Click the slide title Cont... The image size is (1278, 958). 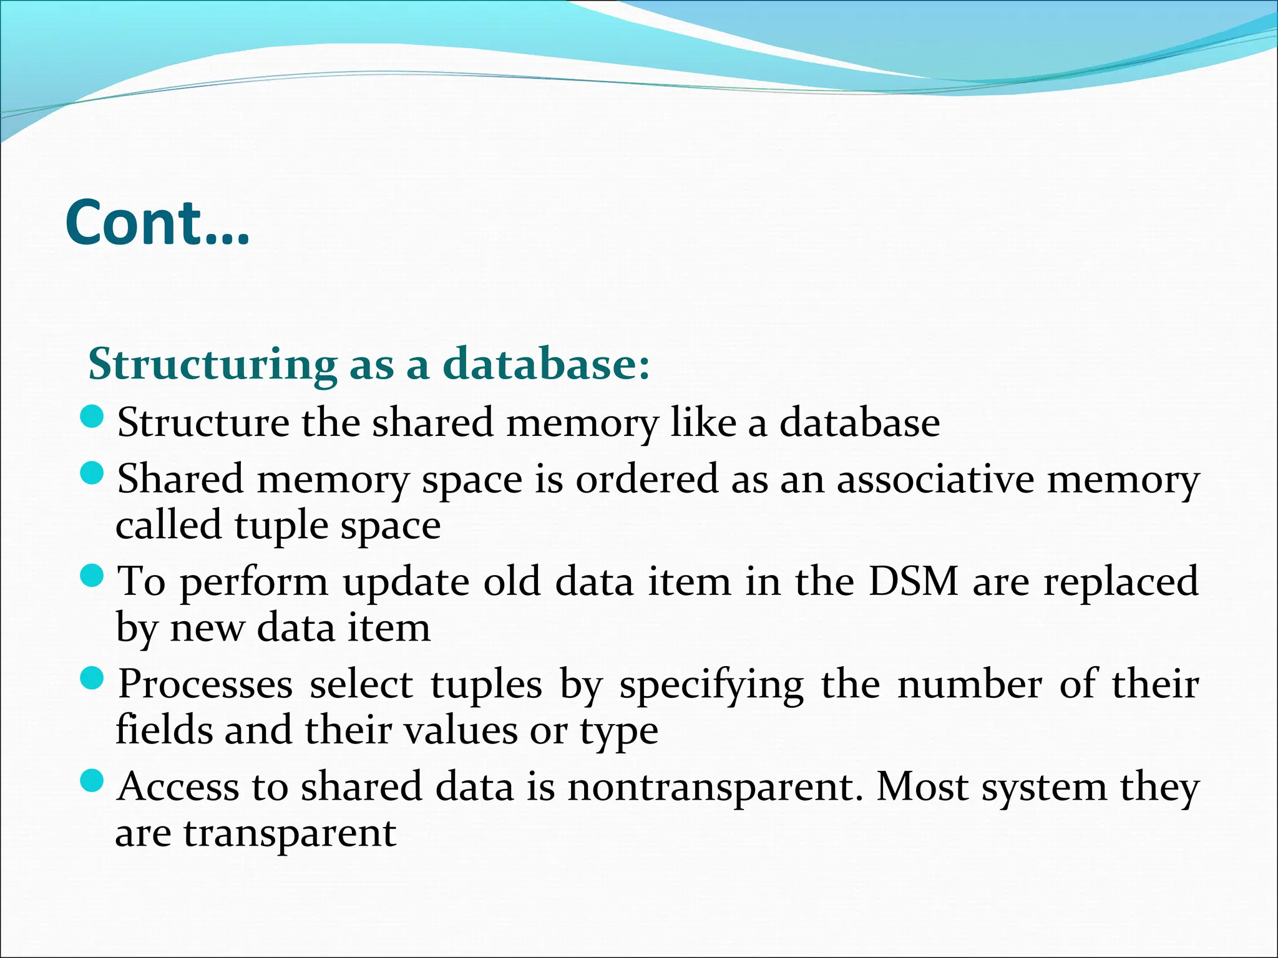[157, 223]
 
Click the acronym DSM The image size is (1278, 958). [914, 581]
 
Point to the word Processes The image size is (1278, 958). [205, 684]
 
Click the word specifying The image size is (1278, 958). [711, 685]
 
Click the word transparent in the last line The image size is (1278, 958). [290, 833]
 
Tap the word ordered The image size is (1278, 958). [646, 480]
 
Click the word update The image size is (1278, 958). [406, 583]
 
